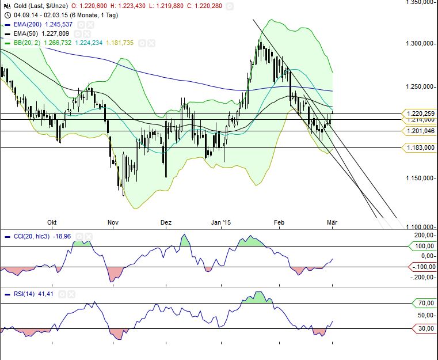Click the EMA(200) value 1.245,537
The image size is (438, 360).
tap(58, 25)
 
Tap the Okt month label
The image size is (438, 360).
tap(52, 222)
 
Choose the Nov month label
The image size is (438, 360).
tap(112, 222)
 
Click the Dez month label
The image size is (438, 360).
tap(166, 222)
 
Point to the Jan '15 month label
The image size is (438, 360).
tap(220, 222)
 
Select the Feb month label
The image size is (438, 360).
tap(279, 222)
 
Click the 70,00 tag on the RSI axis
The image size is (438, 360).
tap(426, 303)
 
